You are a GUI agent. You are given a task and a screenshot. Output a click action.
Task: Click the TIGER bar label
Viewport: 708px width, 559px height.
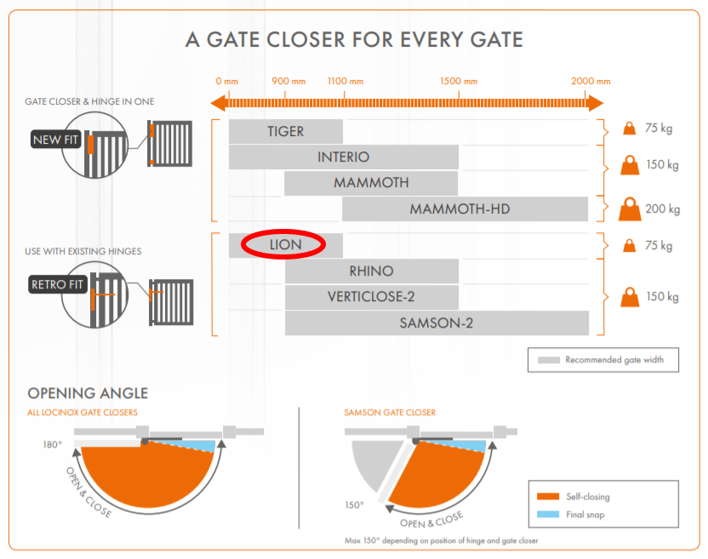285,132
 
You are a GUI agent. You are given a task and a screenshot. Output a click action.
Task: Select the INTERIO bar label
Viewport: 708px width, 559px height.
343,157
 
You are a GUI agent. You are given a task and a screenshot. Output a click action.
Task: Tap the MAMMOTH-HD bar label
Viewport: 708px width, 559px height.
460,209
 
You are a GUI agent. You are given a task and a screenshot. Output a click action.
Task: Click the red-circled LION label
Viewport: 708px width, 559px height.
284,245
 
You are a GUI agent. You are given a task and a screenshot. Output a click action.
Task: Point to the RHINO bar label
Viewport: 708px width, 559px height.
371,271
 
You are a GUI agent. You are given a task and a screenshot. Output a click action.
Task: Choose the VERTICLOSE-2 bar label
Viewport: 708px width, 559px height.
371,297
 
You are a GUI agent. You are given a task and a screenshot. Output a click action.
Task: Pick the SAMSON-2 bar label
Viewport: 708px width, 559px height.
437,323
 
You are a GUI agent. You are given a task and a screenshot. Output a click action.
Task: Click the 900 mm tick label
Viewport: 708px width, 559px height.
288,82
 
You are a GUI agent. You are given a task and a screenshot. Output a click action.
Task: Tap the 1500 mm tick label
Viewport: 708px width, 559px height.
459,82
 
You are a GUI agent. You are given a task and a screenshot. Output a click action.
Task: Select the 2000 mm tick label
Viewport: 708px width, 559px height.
591,82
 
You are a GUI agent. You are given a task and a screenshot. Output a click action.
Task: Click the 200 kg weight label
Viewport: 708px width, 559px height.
663,209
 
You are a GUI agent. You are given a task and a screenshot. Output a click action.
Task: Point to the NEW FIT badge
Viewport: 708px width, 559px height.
55,140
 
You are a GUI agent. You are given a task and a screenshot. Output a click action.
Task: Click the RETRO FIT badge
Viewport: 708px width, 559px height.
58,284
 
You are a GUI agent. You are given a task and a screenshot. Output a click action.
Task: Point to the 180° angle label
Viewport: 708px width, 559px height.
54,445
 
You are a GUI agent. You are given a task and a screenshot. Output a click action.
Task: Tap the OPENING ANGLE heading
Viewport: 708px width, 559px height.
88,393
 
